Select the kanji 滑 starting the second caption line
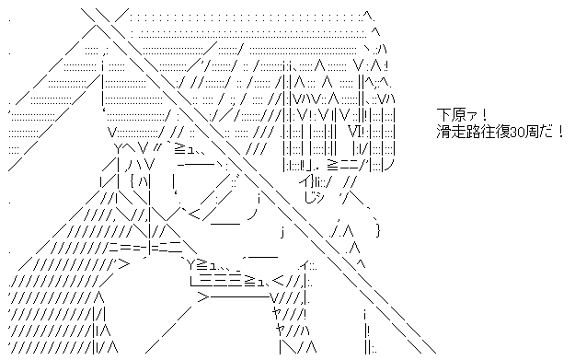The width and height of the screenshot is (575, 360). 444,131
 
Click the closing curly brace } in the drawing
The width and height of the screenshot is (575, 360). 378,229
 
